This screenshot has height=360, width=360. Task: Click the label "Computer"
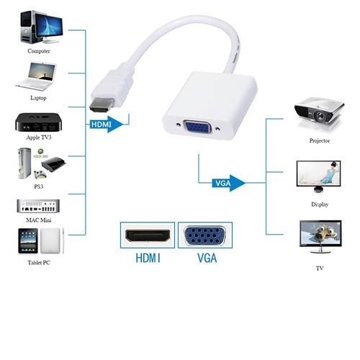pyautogui.click(x=39, y=51)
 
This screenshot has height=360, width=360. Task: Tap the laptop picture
pyautogui.click(x=37, y=76)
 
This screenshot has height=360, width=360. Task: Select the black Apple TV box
pyautogui.click(x=38, y=122)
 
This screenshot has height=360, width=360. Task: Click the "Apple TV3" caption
pyautogui.click(x=39, y=138)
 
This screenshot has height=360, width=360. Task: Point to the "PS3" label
pyautogui.click(x=39, y=186)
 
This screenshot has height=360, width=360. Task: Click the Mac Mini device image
pyautogui.click(x=38, y=206)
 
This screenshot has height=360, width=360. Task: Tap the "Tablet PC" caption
pyautogui.click(x=39, y=263)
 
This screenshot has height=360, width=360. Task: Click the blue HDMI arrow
pyautogui.click(x=107, y=125)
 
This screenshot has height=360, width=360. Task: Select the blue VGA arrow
pyautogui.click(x=229, y=183)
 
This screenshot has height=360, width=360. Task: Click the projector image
pyautogui.click(x=319, y=112)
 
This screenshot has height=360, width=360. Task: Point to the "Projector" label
pyautogui.click(x=320, y=140)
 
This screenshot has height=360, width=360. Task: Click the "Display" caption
pyautogui.click(x=320, y=204)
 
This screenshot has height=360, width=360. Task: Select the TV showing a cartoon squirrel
pyautogui.click(x=320, y=237)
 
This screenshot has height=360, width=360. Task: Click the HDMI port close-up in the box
pyautogui.click(x=148, y=235)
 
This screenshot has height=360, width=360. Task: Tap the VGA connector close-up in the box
pyautogui.click(x=204, y=235)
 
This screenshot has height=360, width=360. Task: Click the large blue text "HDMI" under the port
pyautogui.click(x=148, y=258)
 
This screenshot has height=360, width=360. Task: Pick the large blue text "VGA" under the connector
pyautogui.click(x=207, y=258)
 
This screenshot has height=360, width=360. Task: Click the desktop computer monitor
pyautogui.click(x=49, y=27)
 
